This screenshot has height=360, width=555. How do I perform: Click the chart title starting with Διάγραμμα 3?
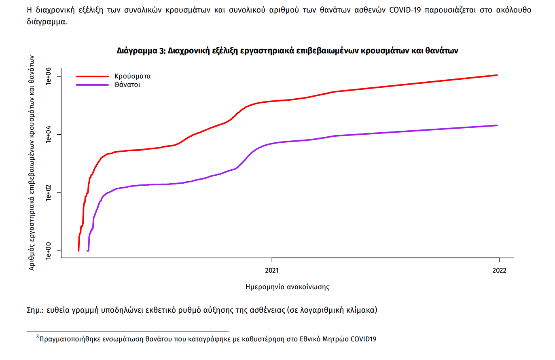pyautogui.click(x=287, y=51)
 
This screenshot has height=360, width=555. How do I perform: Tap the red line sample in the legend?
pyautogui.click(x=92, y=76)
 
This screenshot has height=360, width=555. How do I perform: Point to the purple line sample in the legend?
pyautogui.click(x=92, y=85)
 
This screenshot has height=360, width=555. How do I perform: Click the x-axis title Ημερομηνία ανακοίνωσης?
pyautogui.click(x=287, y=287)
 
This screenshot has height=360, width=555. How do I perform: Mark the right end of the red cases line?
pyautogui.click(x=497, y=75)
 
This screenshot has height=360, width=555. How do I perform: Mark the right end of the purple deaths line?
pyautogui.click(x=497, y=125)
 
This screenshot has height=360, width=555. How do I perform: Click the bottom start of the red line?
pyautogui.click(x=78, y=250)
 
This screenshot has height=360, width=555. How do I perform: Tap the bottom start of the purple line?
pyautogui.click(x=88, y=250)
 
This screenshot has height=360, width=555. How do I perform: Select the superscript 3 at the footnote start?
pyautogui.click(x=37, y=337)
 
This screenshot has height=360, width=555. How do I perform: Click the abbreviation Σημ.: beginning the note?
pyautogui.click(x=35, y=311)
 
